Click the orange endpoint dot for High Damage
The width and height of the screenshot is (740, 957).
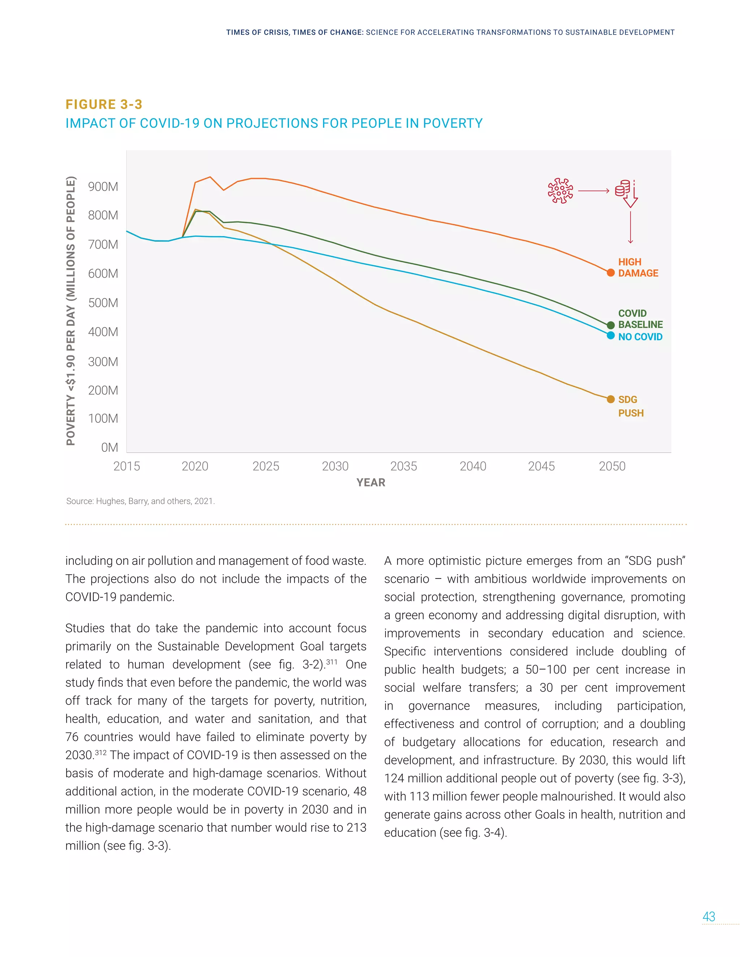[610, 273]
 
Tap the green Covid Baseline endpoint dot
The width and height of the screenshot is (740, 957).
[610, 325]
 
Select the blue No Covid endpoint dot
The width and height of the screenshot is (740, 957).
[610, 335]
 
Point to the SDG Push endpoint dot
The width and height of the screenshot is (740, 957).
[610, 399]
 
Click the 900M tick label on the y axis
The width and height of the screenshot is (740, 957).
[103, 187]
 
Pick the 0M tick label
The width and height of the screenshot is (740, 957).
[109, 447]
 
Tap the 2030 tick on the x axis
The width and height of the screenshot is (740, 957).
[335, 466]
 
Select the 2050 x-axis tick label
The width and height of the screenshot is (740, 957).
[612, 466]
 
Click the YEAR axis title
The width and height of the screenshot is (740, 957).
[371, 482]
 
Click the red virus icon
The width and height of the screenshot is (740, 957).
[560, 191]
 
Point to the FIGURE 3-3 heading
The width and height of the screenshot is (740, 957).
[104, 104]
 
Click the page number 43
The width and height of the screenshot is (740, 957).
[709, 916]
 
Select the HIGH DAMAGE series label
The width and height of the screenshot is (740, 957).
[638, 267]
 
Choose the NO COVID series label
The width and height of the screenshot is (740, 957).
[640, 337]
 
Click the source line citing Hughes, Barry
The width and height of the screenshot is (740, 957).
[140, 501]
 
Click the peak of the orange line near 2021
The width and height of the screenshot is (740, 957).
[210, 177]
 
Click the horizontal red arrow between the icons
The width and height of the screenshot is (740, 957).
[594, 191]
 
